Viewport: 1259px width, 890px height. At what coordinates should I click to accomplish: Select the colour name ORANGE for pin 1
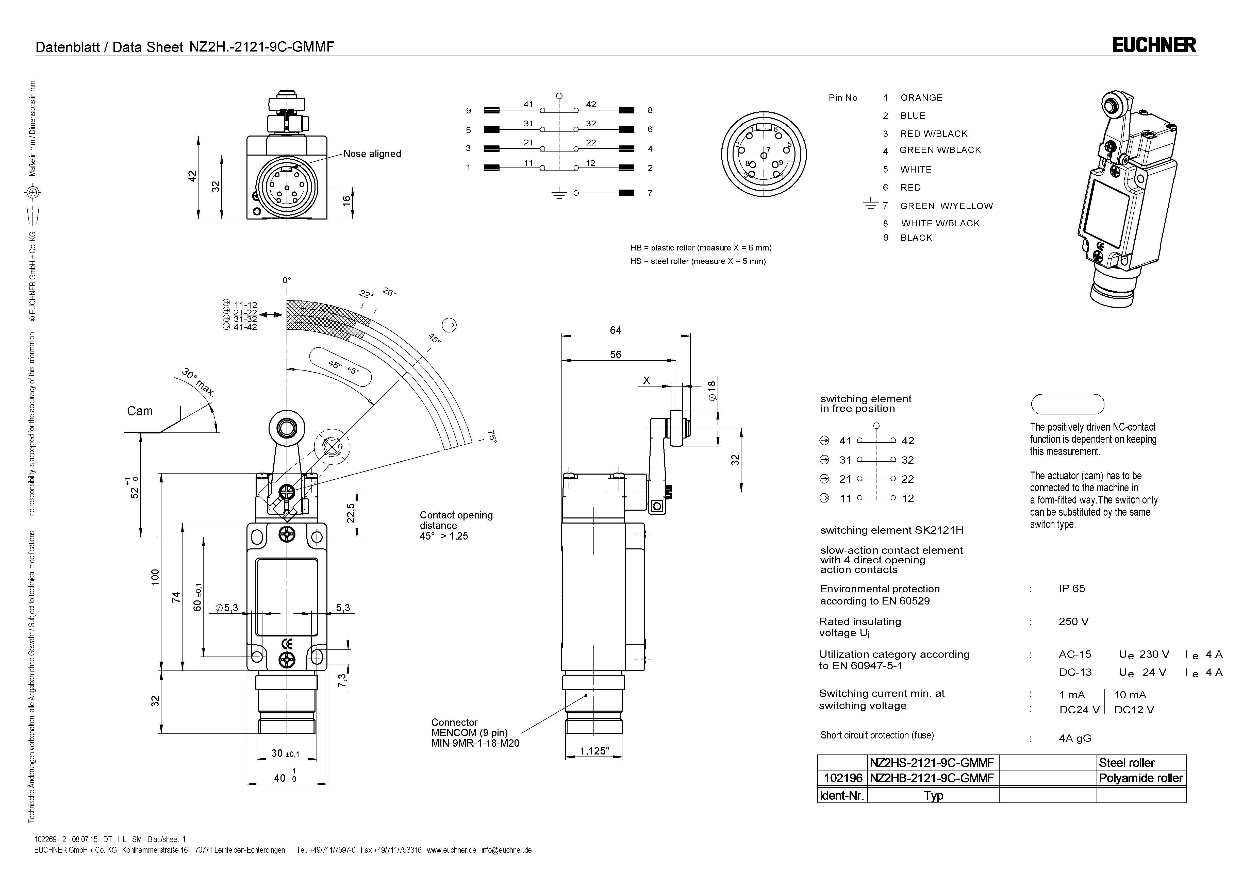(x=921, y=98)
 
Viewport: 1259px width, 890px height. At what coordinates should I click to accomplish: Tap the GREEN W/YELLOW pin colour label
(x=947, y=206)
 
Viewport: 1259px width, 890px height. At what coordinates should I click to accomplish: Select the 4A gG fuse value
(x=1075, y=738)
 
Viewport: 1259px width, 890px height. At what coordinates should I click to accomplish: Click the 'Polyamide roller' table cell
(x=1140, y=778)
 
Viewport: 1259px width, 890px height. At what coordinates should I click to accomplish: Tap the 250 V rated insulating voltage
(x=1073, y=621)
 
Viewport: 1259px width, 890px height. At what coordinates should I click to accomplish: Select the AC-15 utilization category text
(x=1075, y=654)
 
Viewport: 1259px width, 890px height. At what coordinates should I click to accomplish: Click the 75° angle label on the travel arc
(x=492, y=436)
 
